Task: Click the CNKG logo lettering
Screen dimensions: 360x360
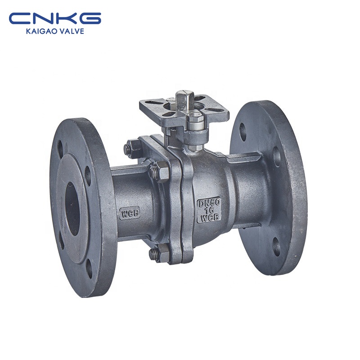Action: [x=55, y=18]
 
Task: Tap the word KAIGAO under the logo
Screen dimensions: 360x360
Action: [x=40, y=31]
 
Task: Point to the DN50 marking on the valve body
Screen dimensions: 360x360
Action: [x=209, y=203]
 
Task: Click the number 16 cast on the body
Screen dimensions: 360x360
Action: [x=209, y=210]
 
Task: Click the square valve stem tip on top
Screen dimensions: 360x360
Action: [x=184, y=98]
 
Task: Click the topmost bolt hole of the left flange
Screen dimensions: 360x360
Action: [x=61, y=148]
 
